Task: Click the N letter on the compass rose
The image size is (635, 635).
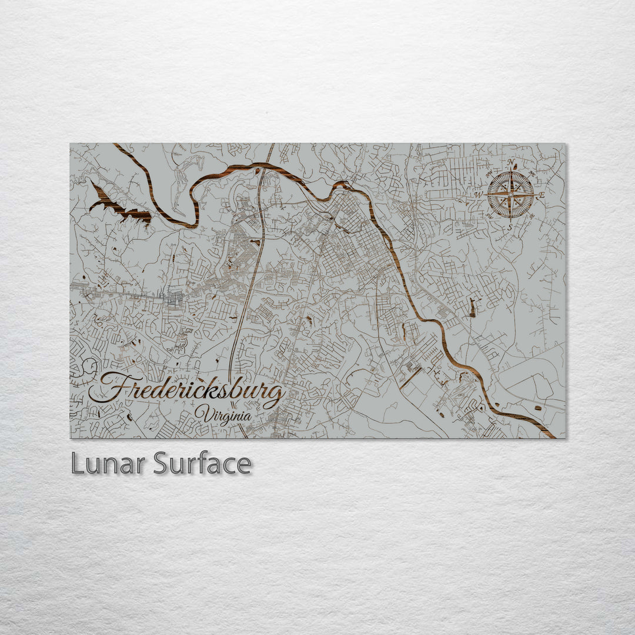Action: coord(510,163)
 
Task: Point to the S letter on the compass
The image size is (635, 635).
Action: coord(510,226)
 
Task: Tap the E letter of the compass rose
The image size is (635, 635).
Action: coord(542,195)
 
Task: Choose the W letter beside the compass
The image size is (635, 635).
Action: coord(479,195)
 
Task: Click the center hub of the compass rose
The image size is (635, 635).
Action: coord(510,194)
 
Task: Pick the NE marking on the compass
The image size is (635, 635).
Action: coord(532,174)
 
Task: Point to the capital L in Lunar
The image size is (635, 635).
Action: coord(77,464)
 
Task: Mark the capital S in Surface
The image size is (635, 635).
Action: coord(162,464)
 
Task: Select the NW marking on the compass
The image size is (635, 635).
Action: coord(489,174)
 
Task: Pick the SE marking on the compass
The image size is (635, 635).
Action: coord(532,216)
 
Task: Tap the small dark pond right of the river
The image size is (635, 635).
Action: coord(472,306)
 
